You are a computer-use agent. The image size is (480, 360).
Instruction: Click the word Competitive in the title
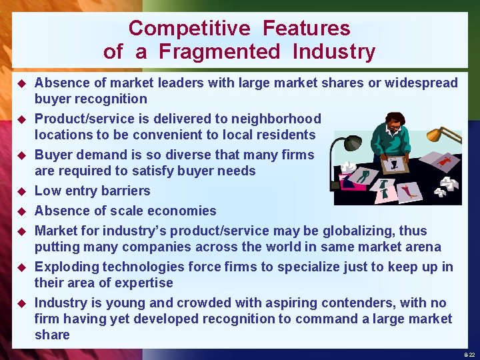(x=189, y=28)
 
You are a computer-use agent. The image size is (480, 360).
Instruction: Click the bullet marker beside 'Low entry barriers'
(x=21, y=192)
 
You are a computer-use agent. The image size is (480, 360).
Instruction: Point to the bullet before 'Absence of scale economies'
(x=21, y=212)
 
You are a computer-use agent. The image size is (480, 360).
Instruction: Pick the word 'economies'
(x=184, y=211)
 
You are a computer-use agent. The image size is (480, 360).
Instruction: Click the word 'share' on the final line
(x=52, y=335)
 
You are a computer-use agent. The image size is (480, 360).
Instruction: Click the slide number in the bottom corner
(x=470, y=353)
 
